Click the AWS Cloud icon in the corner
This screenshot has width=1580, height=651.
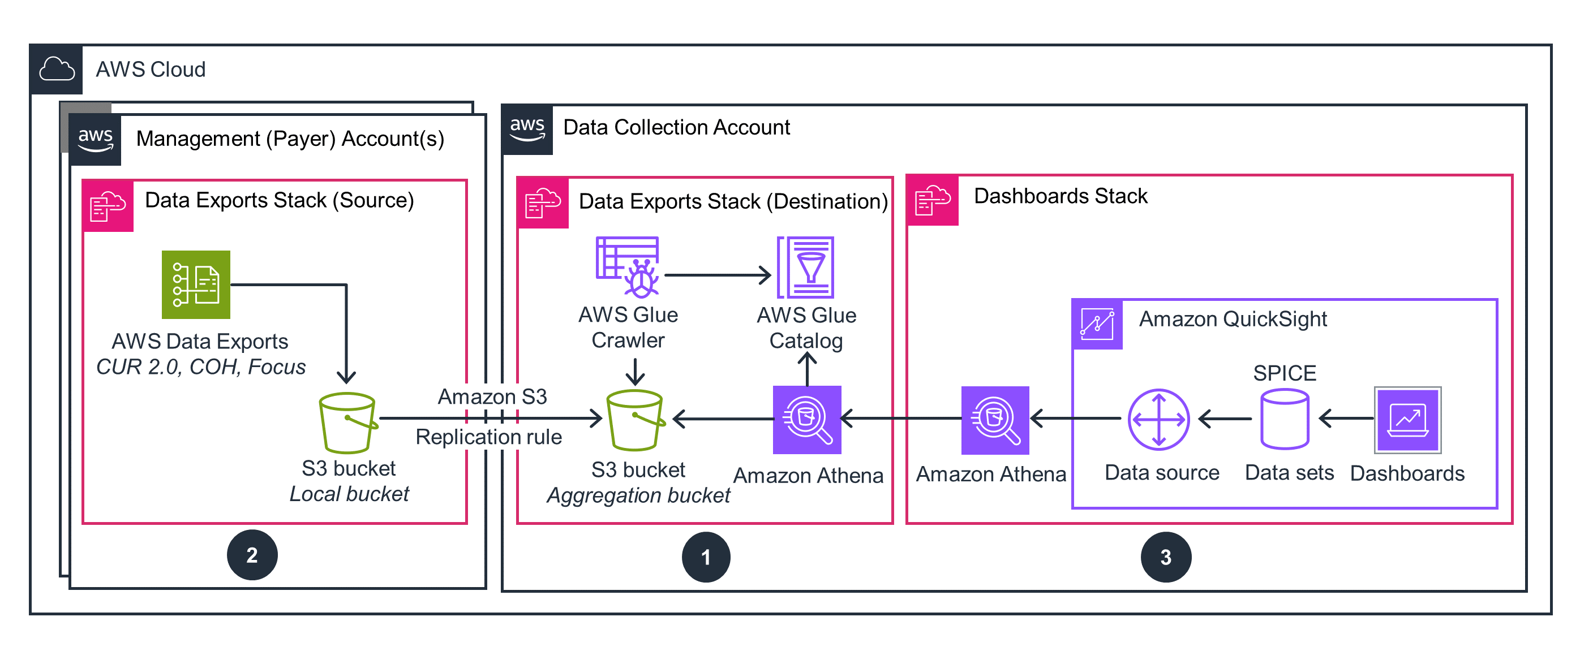pos(57,69)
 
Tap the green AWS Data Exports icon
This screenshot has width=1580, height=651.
pos(196,284)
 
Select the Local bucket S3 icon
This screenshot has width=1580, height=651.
pos(347,422)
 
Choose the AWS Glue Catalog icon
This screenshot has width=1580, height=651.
pos(805,268)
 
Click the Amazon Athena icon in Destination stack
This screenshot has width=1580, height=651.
pos(806,420)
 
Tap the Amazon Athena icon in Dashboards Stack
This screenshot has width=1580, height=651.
pos(994,420)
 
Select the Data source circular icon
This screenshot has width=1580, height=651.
pos(1158,420)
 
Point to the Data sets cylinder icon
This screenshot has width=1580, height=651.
pos(1285,420)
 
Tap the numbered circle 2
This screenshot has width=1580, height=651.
pos(252,555)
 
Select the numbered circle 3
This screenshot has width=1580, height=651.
pos(1165,557)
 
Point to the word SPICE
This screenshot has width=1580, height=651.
pos(1285,373)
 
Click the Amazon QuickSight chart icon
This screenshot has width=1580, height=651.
pos(1097,324)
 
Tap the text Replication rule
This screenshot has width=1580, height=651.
pos(488,437)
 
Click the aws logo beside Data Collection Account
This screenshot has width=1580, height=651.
pos(527,130)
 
